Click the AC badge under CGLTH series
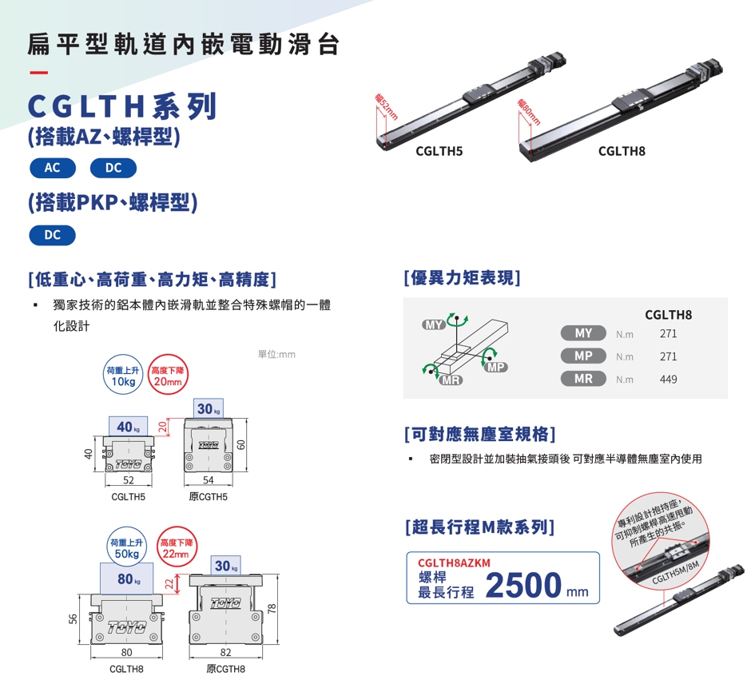pos(53,168)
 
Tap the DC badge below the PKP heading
pos(53,235)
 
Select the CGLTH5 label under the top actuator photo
pos(439,151)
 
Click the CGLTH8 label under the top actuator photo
pos(622,151)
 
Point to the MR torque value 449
pos(668,380)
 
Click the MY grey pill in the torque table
pos(583,333)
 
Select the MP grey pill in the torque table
pos(583,356)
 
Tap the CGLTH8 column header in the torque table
pos(668,315)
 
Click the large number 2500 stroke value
pos(523,585)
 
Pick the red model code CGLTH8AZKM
pos(454,563)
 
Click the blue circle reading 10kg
pos(123,375)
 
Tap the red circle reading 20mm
pos(168,375)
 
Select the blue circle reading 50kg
pos(126,547)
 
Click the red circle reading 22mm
pos(177,547)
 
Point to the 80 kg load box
pos(127,579)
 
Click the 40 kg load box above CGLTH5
pos(128,426)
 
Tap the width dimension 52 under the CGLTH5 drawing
pos(129,480)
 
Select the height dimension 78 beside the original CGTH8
pos(272,609)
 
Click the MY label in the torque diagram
pos(434,324)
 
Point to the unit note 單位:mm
pos(277,354)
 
